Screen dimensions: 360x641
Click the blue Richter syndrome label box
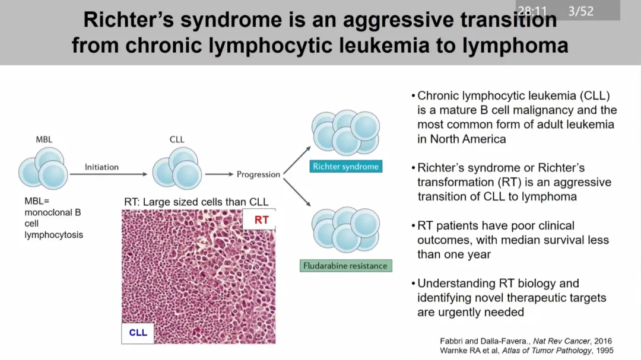[x=345, y=167]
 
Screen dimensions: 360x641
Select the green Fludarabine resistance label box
[x=345, y=266]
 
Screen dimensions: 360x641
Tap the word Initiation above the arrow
[x=101, y=167]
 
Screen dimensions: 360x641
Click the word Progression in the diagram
[x=258, y=174]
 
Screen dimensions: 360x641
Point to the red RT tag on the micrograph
[x=261, y=220]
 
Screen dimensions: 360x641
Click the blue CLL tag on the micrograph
[x=138, y=332]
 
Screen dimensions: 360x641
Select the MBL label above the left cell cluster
[x=44, y=139]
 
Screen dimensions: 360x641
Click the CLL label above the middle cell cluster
[x=177, y=139]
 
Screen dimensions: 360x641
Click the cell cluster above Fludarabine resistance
[x=345, y=230]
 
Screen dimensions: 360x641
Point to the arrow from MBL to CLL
[x=108, y=174]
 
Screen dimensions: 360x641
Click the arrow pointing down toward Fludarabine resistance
[x=297, y=192]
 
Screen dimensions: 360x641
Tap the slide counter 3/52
[x=580, y=11]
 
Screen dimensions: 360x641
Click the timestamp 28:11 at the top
[x=532, y=11]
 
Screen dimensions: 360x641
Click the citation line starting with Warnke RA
[x=526, y=351]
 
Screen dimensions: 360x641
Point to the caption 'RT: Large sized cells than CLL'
[x=196, y=202]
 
